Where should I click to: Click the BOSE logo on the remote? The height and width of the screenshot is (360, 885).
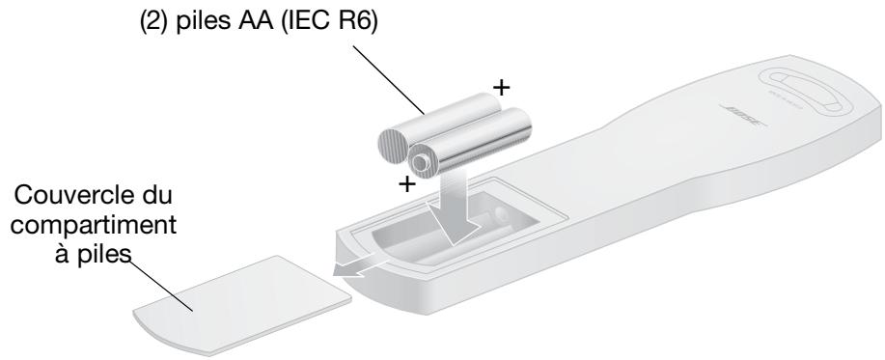coord(743,116)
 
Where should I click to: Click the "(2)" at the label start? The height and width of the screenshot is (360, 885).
coord(154,24)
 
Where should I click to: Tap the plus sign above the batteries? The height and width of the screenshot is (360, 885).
coord(501,87)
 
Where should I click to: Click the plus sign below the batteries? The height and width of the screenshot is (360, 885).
coord(407,184)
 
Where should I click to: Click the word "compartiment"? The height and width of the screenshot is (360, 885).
coord(94,226)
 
